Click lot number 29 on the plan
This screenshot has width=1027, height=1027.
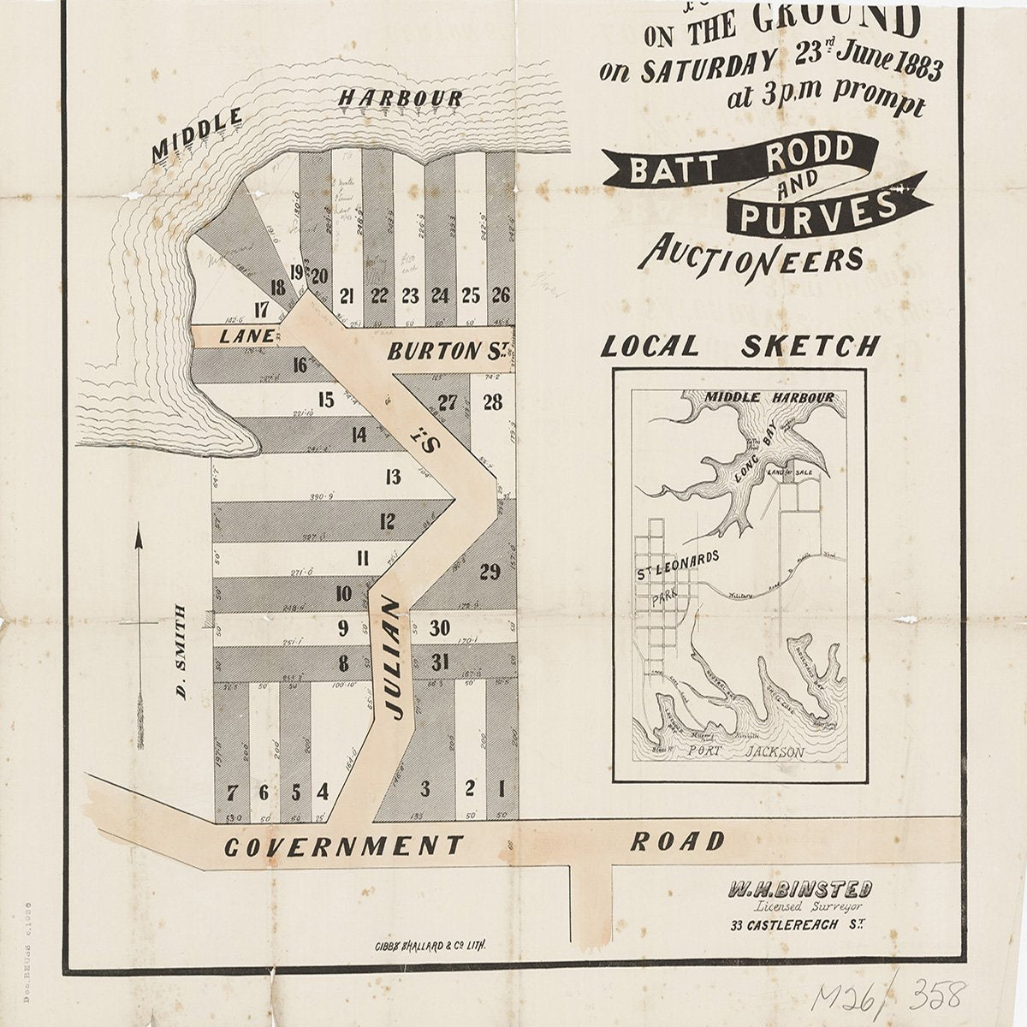[x=490, y=573]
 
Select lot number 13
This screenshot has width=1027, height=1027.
[x=393, y=478]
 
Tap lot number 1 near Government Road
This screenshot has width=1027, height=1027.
[x=502, y=787]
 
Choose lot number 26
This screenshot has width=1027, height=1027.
[x=501, y=296]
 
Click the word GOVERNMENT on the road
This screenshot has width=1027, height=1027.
[x=343, y=846]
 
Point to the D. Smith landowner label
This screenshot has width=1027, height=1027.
[x=181, y=650]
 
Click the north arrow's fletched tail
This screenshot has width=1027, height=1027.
[x=139, y=723]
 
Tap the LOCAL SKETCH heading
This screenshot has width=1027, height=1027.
[x=739, y=347]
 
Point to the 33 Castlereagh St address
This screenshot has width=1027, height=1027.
[x=795, y=926]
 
